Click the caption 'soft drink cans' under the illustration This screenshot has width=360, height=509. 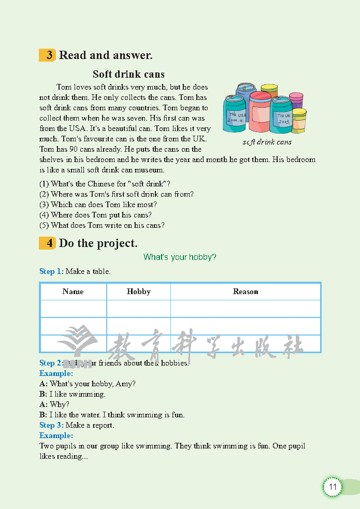(x=267, y=142)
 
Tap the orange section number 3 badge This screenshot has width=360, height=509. (x=48, y=55)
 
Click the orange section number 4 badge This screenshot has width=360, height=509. (x=48, y=243)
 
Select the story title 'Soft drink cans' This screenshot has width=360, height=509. (x=128, y=74)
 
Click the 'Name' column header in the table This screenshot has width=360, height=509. (x=73, y=292)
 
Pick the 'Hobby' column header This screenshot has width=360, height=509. (x=138, y=292)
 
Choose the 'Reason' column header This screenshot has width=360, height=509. (x=246, y=292)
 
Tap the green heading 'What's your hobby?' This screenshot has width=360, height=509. (x=180, y=257)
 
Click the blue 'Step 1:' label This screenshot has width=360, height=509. (x=51, y=271)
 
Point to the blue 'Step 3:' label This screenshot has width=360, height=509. (x=51, y=425)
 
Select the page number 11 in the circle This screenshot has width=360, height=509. (x=333, y=487)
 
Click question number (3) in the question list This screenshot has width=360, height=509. (x=44, y=205)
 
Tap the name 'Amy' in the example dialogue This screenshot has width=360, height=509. (x=125, y=384)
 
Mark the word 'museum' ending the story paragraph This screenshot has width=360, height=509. (x=149, y=170)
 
